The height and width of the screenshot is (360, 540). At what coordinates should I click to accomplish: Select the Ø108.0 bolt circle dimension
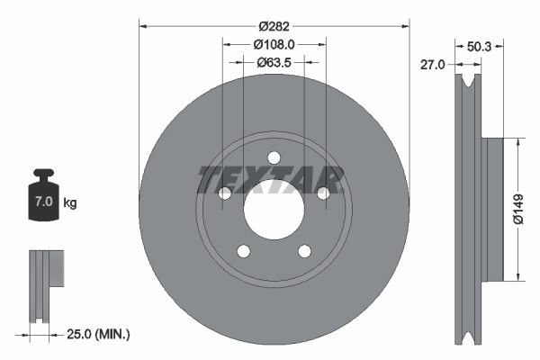click(274, 43)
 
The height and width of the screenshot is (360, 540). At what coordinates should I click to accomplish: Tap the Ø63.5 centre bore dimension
click(274, 62)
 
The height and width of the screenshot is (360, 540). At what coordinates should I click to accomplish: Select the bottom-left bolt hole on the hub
click(243, 250)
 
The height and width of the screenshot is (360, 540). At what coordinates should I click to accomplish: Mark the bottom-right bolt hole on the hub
click(304, 250)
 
